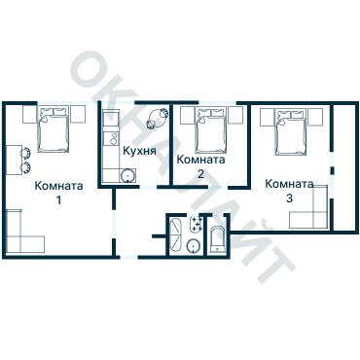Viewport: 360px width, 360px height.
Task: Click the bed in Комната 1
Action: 54,129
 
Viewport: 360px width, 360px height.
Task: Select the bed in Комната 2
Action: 211,130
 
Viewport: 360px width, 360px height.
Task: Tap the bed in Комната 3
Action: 291,131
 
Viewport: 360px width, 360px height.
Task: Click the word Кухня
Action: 139,151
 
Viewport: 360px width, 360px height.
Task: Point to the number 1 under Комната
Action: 58,200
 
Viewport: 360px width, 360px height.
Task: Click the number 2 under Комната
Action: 200,174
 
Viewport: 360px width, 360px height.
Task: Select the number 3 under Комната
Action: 289,198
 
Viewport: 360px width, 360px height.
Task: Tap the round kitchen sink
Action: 127,176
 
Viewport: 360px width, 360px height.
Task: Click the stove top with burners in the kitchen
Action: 112,138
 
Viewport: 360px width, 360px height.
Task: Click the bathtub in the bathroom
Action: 176,234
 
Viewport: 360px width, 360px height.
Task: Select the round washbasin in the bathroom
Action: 194,246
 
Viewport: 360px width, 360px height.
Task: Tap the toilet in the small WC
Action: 217,239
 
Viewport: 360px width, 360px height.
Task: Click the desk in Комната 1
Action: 13,161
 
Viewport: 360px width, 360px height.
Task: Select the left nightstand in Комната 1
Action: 30,114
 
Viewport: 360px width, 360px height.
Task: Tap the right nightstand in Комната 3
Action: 315,116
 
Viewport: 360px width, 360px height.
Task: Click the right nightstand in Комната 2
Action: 235,116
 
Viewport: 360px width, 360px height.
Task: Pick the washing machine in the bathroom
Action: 196,225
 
